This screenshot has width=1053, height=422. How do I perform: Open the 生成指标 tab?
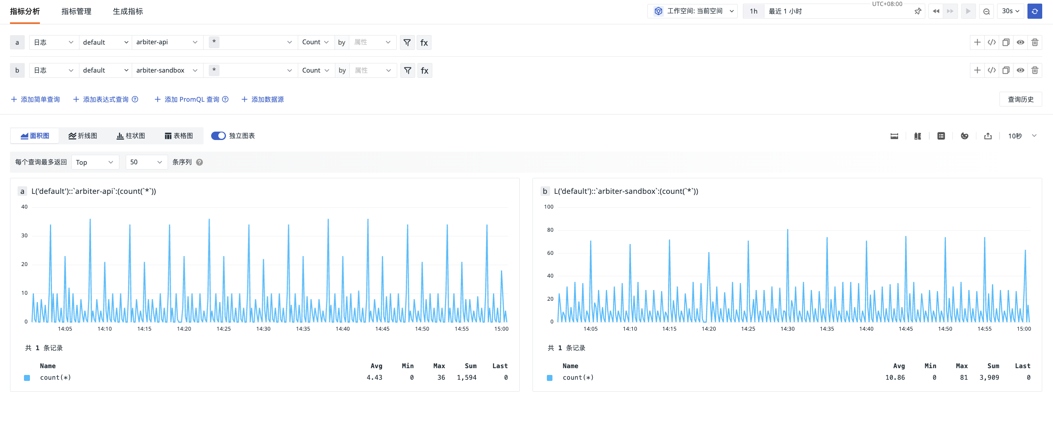point(128,12)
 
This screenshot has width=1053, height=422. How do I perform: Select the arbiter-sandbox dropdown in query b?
point(167,70)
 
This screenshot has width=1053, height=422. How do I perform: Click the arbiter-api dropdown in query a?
point(167,42)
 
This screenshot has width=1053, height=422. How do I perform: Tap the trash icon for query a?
point(1035,42)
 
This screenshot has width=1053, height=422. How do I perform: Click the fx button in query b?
point(424,70)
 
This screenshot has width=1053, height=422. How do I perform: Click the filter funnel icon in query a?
point(407,42)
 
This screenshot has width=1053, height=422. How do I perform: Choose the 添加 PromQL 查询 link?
point(191,99)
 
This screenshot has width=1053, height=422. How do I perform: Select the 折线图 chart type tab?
point(83,136)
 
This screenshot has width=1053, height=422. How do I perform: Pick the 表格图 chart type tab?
point(179,136)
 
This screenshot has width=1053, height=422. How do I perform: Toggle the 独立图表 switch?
point(218,136)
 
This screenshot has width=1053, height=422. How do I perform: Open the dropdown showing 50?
point(146,162)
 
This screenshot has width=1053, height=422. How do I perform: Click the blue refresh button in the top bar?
point(1035,12)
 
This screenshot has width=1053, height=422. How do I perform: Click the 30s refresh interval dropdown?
point(1010,12)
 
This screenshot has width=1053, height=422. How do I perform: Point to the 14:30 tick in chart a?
point(263,329)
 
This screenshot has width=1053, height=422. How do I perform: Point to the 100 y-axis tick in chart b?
point(548,207)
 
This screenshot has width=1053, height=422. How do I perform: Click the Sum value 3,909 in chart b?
point(989,377)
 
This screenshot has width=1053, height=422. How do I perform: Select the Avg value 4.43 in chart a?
point(374,377)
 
